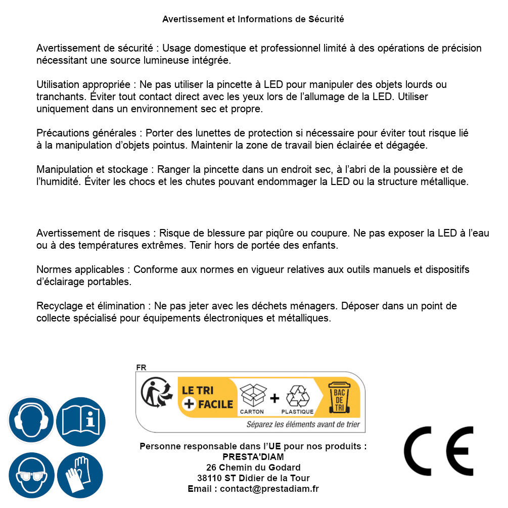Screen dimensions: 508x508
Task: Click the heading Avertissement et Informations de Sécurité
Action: click(x=253, y=19)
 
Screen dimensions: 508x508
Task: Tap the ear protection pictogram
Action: click(x=31, y=421)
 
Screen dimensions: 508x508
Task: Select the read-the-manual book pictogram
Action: click(x=80, y=421)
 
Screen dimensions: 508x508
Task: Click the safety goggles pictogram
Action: click(x=31, y=475)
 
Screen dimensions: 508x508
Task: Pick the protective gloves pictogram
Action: click(x=80, y=475)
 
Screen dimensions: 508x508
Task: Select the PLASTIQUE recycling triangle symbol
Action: click(x=297, y=396)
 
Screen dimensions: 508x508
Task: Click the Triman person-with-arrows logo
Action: click(x=156, y=394)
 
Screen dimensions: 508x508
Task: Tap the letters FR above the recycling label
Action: click(x=141, y=367)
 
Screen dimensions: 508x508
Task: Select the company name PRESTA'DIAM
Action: click(x=253, y=457)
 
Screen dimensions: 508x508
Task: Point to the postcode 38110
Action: click(x=209, y=478)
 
